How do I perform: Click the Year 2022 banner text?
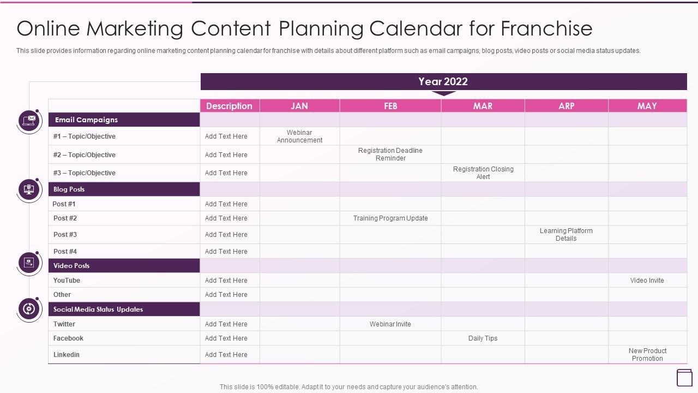coord(443,82)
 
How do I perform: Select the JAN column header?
coord(299,106)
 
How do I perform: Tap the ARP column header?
coord(566,106)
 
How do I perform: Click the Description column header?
coord(230,106)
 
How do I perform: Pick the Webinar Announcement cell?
coord(299,136)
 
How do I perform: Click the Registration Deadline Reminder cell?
coord(390,154)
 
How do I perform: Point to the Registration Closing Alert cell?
coord(483,173)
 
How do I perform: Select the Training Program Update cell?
coord(390,218)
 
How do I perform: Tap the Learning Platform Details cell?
coord(566,235)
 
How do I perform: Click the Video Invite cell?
coord(647,281)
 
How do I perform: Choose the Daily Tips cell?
coord(483,338)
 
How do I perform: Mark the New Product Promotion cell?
coord(647,355)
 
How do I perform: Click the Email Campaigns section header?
coord(86,120)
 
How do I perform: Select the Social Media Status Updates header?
coord(98,309)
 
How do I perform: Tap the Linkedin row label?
coord(67,355)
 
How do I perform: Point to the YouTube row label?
coord(67,281)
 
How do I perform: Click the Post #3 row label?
coord(65,235)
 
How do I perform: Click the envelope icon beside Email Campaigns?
coord(29,120)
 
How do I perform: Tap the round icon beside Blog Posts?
coord(29,189)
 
